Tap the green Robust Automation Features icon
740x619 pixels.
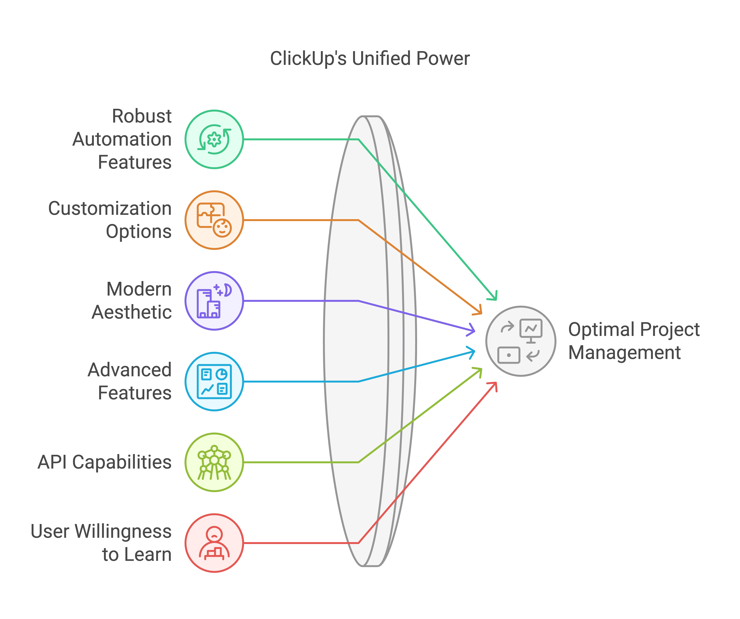(x=214, y=139)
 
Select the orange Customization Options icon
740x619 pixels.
(x=214, y=220)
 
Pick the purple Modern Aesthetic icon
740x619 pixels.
(x=214, y=301)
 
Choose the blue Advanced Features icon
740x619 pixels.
(x=214, y=381)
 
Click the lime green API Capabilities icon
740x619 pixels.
(x=214, y=462)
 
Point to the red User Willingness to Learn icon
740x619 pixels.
(x=214, y=543)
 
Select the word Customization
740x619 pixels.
(x=110, y=208)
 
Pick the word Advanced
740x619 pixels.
(x=130, y=370)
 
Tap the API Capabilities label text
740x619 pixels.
(x=105, y=462)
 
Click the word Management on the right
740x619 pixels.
(x=624, y=352)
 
